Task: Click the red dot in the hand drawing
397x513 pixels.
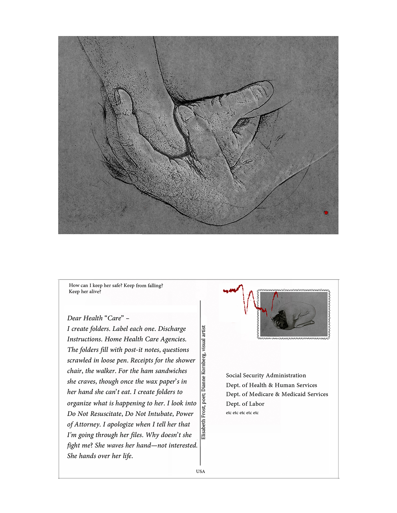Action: pos(326,213)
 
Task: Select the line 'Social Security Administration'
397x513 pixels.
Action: pos(266,375)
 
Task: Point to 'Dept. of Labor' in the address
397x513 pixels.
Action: pos(245,404)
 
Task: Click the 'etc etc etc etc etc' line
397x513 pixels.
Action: pos(242,413)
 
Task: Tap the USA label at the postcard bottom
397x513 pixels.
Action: pos(201,471)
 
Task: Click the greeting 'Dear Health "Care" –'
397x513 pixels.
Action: pos(98,318)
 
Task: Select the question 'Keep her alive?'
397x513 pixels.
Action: pos(85,292)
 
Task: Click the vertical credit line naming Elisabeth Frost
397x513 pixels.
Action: pos(203,382)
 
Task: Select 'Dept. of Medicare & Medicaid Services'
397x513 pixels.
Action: pos(277,394)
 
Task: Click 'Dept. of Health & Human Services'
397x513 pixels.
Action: pos(272,385)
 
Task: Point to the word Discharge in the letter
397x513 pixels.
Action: pos(172,329)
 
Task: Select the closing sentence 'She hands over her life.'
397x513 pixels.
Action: pos(100,456)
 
